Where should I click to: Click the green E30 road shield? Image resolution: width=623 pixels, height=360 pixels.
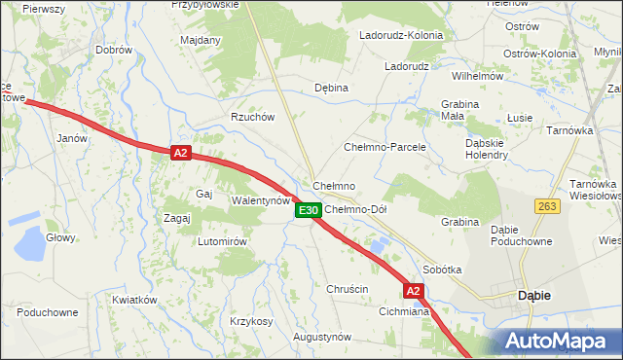[308, 210]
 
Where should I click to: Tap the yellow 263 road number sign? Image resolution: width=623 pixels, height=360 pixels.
[546, 205]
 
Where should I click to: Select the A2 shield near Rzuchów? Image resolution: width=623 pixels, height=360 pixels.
[180, 153]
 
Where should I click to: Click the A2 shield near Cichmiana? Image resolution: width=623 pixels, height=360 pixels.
[414, 291]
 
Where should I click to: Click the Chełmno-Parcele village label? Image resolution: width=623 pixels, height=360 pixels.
[385, 147]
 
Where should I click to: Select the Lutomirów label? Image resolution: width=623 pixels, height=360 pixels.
[225, 241]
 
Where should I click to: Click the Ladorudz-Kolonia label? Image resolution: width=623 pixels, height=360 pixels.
[401, 35]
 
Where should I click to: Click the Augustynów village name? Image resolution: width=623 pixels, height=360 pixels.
[322, 337]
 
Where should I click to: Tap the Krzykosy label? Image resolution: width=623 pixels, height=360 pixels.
[251, 321]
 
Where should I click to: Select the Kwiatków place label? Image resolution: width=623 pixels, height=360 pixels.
[134, 300]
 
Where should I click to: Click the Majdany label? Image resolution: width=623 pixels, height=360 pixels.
[201, 41]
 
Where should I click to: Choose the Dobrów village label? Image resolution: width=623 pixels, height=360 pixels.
[114, 50]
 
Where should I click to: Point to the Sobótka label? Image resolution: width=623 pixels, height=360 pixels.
[442, 269]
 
